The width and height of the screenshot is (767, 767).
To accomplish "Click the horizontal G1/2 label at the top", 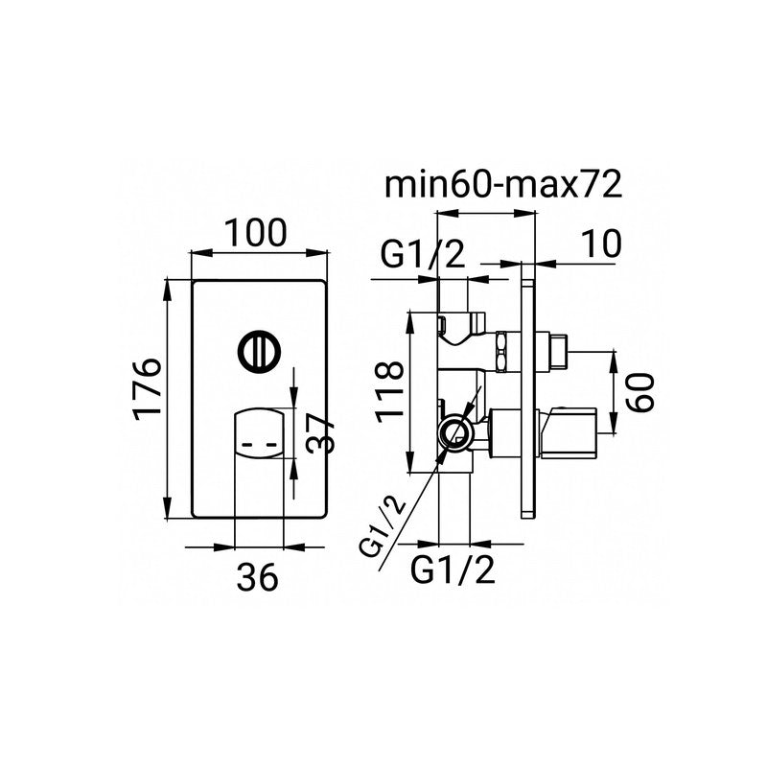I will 422,254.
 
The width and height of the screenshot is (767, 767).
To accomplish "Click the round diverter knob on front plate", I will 256,350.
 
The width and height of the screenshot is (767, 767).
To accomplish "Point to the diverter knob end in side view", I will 555,352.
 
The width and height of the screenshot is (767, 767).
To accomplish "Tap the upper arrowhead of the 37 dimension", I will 293,398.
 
